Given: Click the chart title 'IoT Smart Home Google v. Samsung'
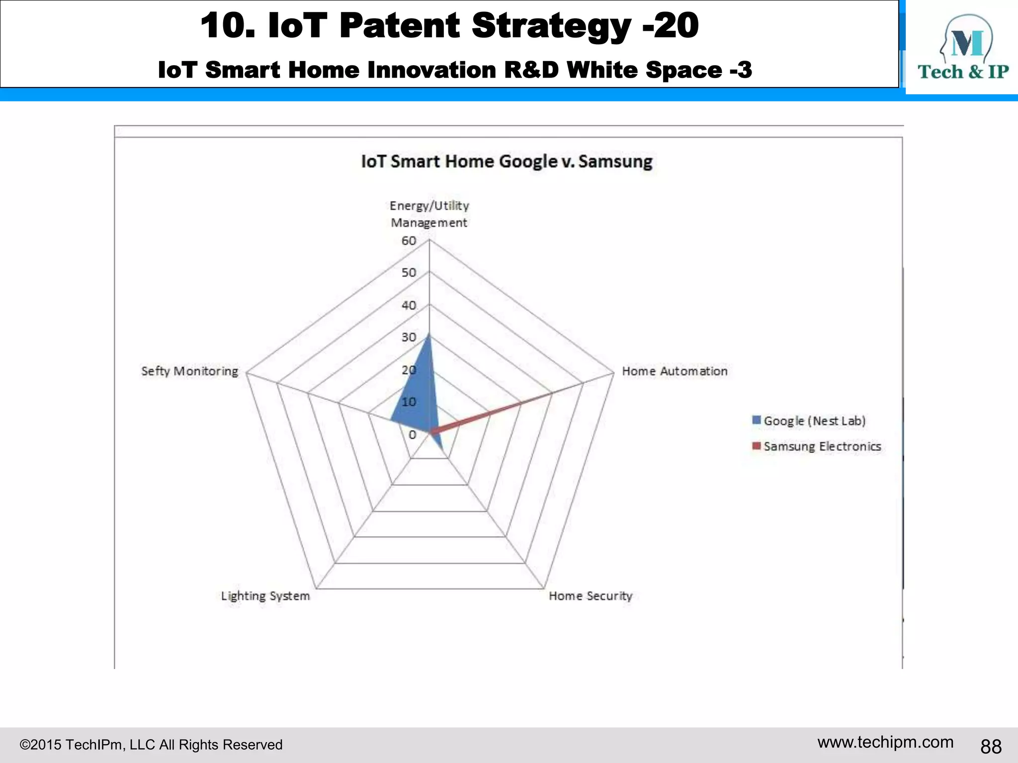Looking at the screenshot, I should (506, 162).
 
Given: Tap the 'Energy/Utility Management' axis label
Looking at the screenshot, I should (429, 214).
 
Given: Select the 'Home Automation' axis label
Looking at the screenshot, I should (675, 371).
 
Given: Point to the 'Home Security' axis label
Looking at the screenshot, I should (590, 596).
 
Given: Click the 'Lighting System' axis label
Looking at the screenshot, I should (265, 596).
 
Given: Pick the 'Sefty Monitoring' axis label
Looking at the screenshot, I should (189, 371).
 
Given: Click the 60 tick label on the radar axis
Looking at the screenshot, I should (409, 241).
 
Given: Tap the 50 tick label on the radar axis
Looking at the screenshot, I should (409, 273).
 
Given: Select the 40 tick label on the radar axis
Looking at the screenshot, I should (409, 305).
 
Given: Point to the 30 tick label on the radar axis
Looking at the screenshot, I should (409, 337).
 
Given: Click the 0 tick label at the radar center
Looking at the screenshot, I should (412, 435).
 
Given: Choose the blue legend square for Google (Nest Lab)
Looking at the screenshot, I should (757, 420).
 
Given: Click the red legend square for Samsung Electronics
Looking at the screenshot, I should (757, 446).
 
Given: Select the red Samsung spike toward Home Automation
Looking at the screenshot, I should (497, 411).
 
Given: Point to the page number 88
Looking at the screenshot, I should (991, 746).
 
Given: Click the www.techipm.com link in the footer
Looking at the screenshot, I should (885, 742).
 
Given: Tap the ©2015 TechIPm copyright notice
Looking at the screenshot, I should (151, 745).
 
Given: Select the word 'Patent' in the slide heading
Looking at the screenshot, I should (400, 26).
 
